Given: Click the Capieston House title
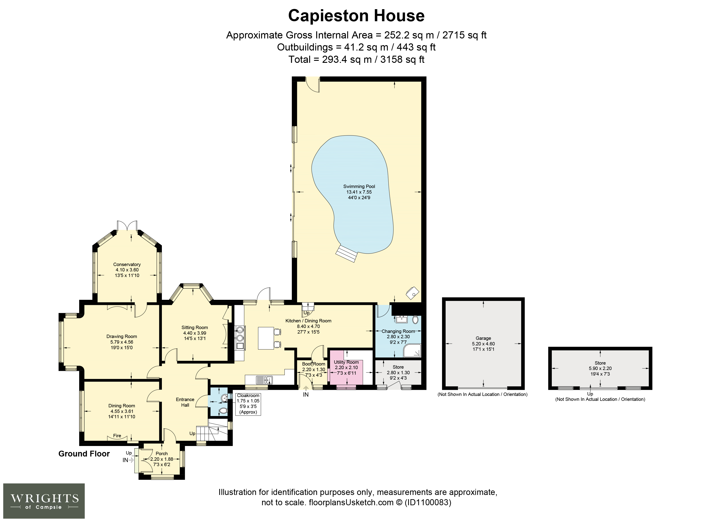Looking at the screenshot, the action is point(356,16).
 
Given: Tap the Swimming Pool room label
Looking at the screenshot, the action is point(359,186).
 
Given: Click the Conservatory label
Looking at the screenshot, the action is point(127,264).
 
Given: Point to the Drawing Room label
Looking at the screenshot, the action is point(122,336).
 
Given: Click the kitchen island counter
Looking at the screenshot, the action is point(266,338).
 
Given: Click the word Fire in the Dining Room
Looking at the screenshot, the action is point(117,435).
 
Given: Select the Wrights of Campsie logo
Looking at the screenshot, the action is point(44,501).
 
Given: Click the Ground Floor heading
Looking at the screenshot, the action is point(84,454).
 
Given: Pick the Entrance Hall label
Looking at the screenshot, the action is point(185,402).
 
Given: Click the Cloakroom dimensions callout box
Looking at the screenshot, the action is point(248,404).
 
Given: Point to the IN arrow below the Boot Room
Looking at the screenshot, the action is point(306,389).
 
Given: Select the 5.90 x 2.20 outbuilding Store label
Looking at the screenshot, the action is point(600,363).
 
